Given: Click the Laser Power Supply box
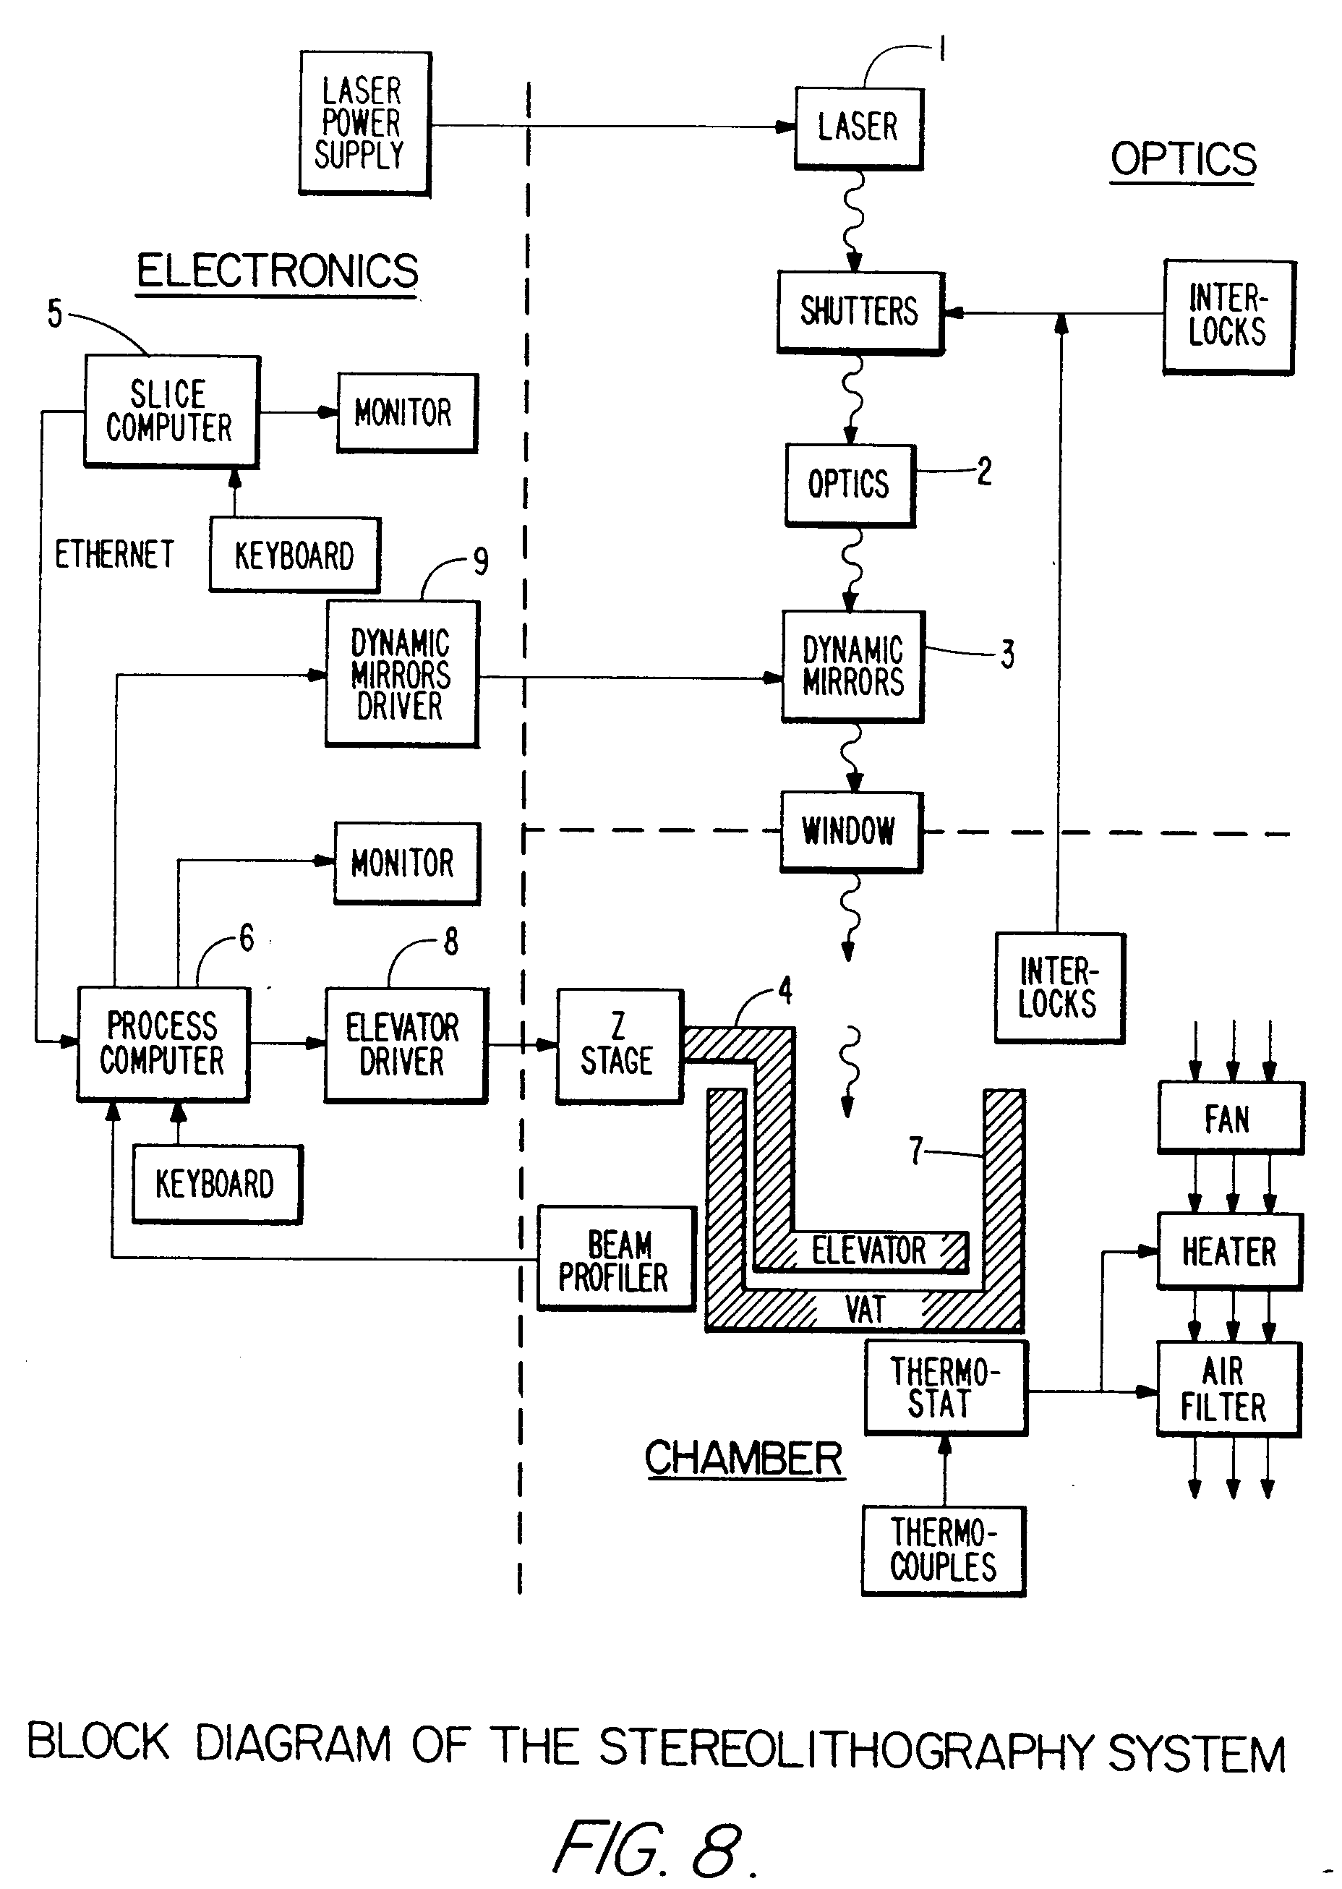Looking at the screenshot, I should coord(364,123).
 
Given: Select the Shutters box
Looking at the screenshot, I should coord(860,312).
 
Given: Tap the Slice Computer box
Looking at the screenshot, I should coord(171,411).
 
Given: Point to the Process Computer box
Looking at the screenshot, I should coord(163,1044).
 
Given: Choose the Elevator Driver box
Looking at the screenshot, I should coord(405,1044).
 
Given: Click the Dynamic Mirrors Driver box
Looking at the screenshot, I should coord(401,673).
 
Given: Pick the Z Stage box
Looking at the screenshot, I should coord(619,1045).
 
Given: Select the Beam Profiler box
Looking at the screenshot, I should coord(615,1258).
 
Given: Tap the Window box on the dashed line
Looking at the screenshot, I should coord(850,831).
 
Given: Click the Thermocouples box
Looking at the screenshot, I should coord(943,1551).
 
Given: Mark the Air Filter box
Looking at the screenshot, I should coord(1227,1389).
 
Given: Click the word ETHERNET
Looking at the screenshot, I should coord(114,554).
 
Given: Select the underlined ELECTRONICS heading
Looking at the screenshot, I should coord(278,271).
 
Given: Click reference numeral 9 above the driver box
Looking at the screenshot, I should coord(481,562).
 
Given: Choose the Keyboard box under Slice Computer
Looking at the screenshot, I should coord(294,555).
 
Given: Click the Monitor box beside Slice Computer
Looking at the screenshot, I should coord(406,412).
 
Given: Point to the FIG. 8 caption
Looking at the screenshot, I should coord(653,1848).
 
